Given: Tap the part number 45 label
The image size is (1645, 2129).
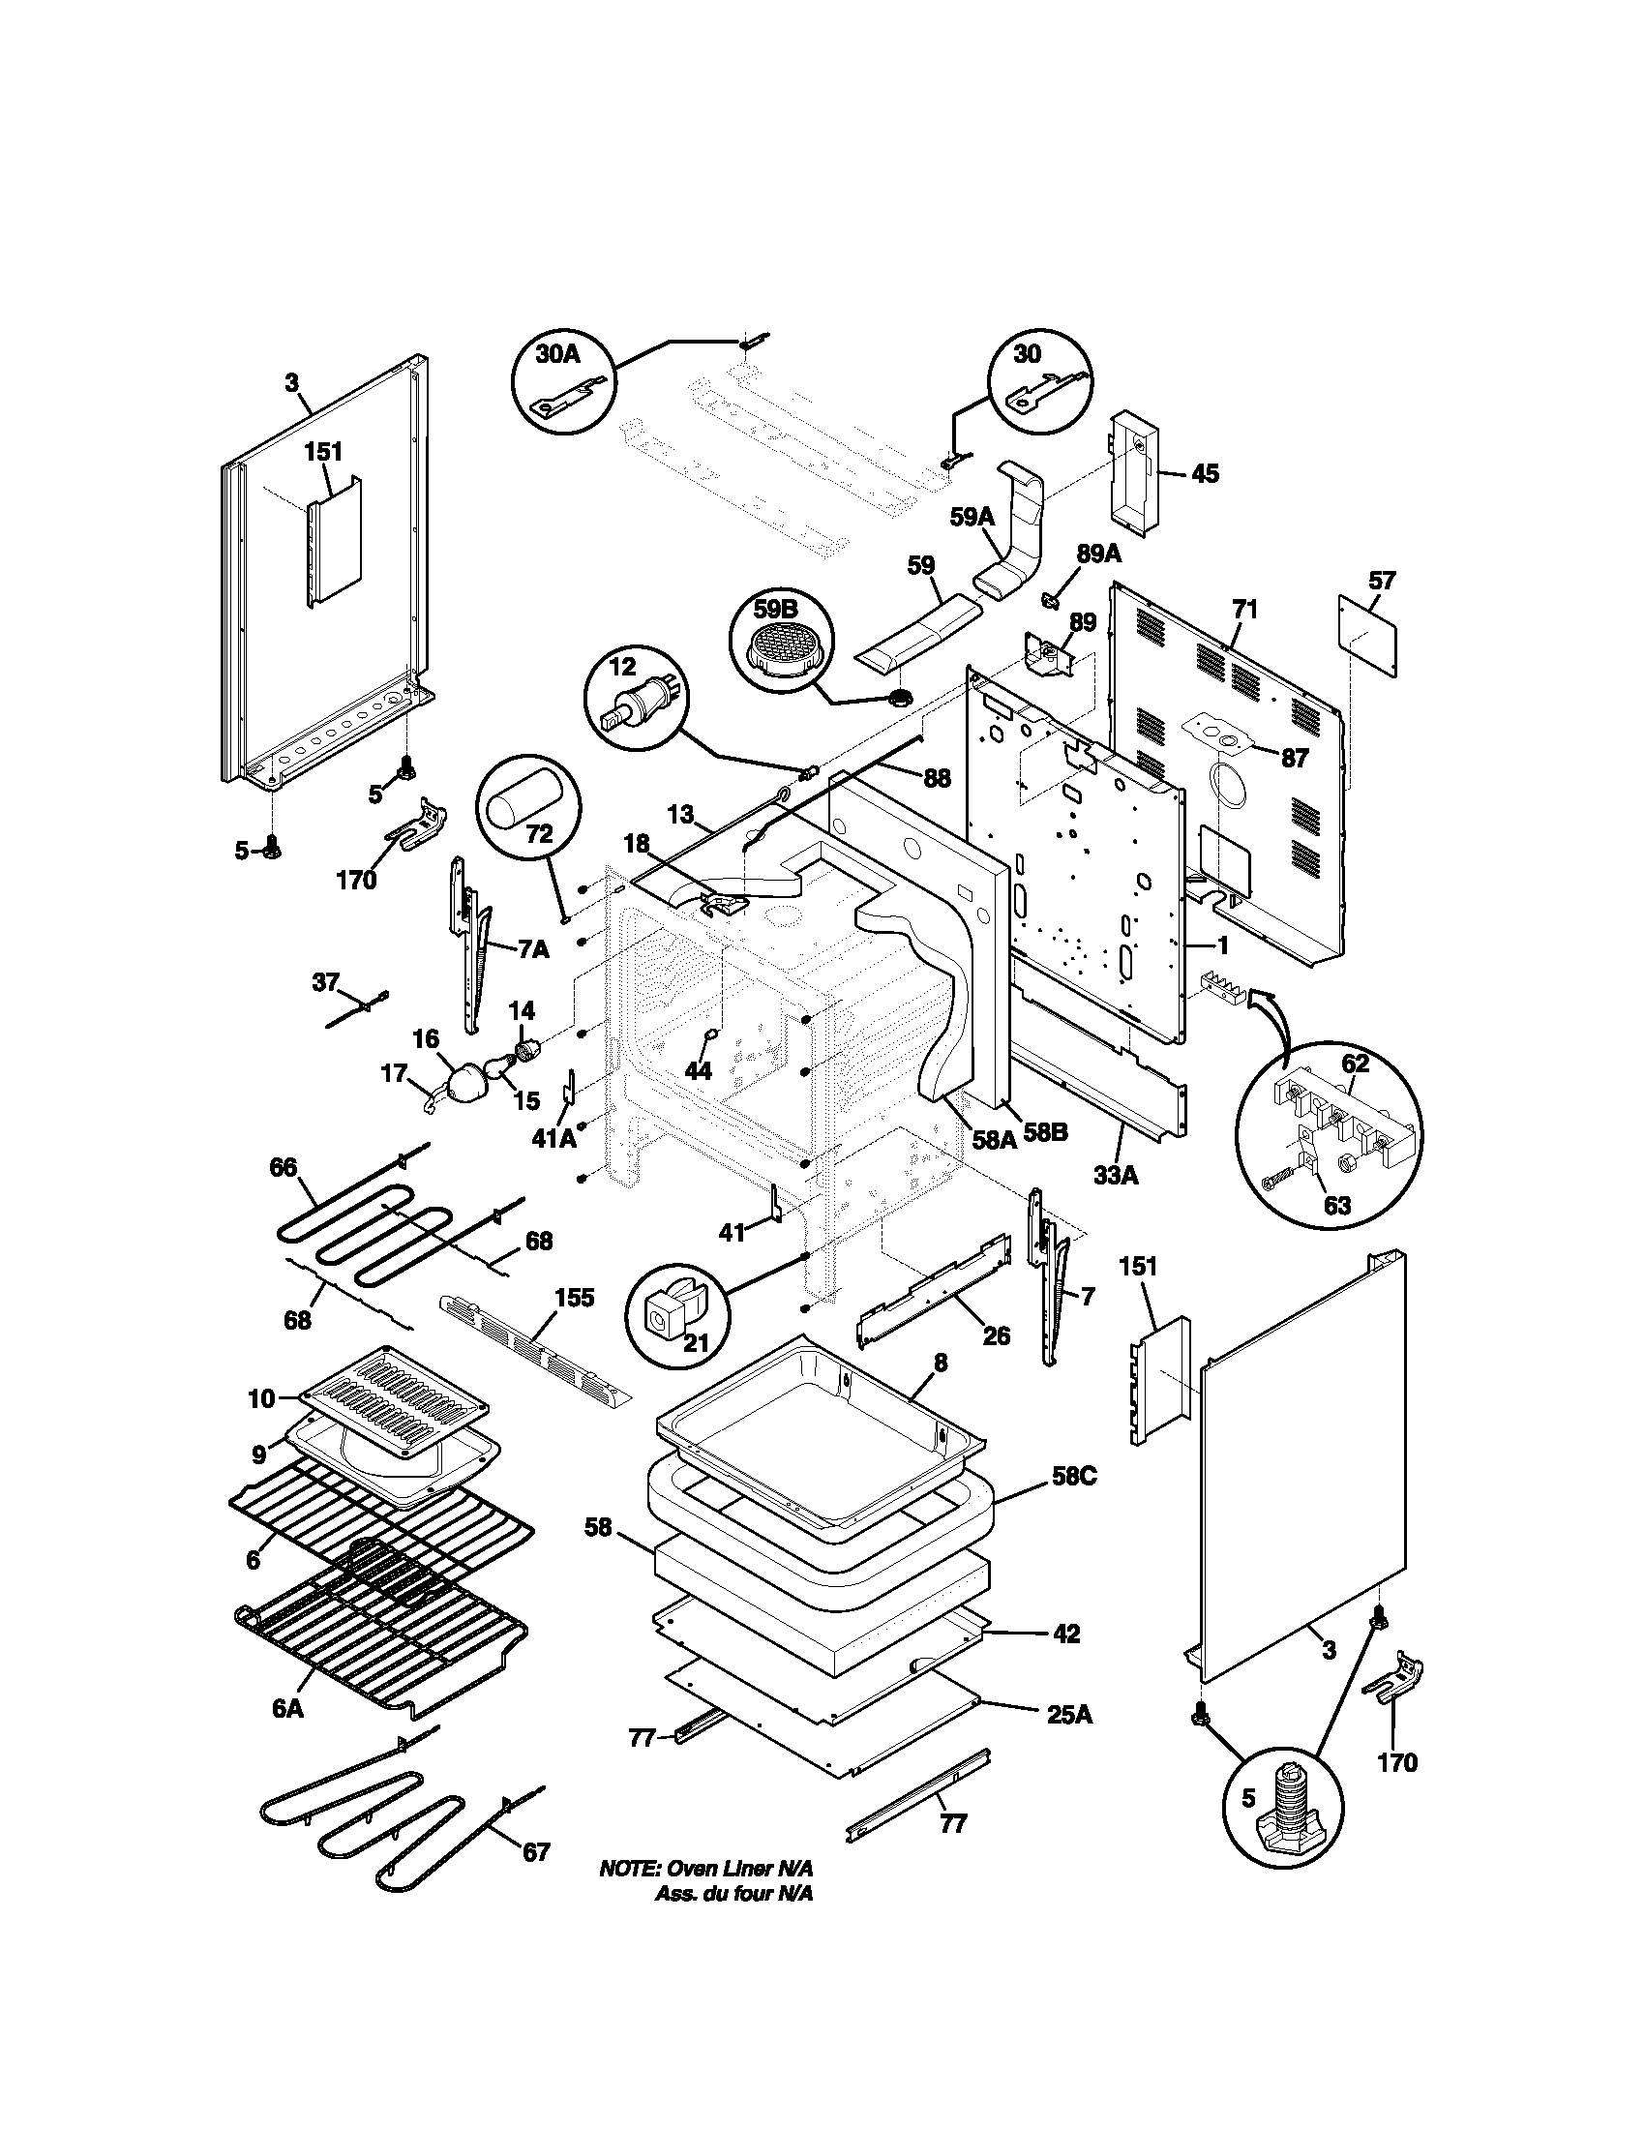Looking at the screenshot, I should point(1205,474).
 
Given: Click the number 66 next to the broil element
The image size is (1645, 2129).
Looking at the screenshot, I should point(284,1167).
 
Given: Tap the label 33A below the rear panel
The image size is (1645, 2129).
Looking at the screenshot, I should point(1116,1176).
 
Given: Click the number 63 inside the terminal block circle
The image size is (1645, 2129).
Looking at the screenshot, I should point(1337,1205).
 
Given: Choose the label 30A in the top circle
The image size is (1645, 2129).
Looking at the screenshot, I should point(558,353).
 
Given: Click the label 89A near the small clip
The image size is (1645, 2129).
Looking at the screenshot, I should point(1098,554).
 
